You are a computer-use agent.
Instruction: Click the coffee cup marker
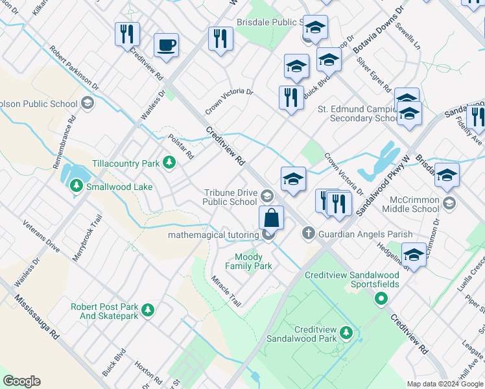[x=166, y=45]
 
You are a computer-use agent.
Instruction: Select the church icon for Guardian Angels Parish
[x=309, y=233]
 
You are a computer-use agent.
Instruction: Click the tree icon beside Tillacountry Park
[x=170, y=162]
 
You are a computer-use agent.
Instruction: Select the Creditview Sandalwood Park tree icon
[x=346, y=333]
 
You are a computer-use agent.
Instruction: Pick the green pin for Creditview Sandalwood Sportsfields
[x=381, y=299]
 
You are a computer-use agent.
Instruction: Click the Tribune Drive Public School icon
[x=267, y=195]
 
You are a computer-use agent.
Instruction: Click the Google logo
[x=21, y=381]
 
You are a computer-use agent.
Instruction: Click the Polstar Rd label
[x=181, y=147]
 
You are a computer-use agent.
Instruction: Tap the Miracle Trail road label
[x=226, y=291]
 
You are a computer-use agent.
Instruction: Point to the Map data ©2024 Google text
[x=445, y=384]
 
